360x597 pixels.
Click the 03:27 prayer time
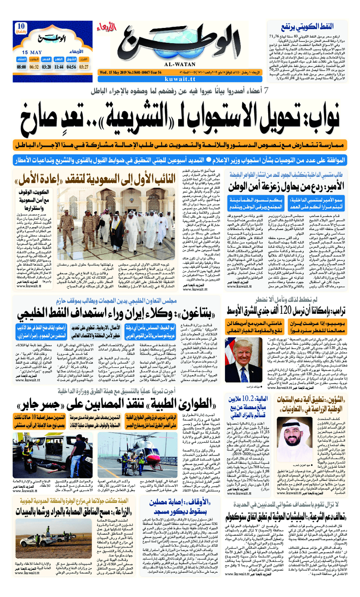(84, 67)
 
